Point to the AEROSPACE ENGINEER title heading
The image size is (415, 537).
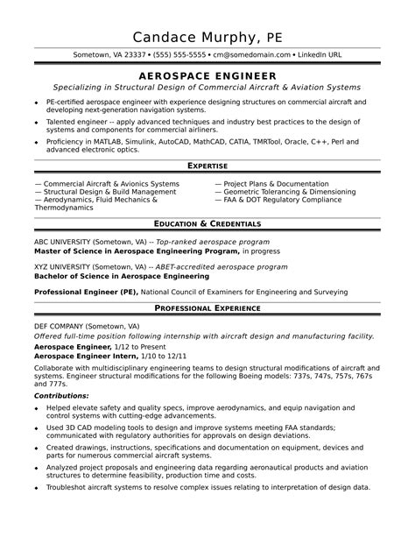click(x=207, y=76)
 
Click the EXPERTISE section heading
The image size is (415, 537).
click(x=207, y=166)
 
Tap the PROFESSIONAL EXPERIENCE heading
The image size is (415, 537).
click(x=207, y=308)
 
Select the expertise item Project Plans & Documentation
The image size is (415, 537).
click(x=271, y=184)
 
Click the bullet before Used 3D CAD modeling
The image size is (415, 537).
click(x=38, y=427)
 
